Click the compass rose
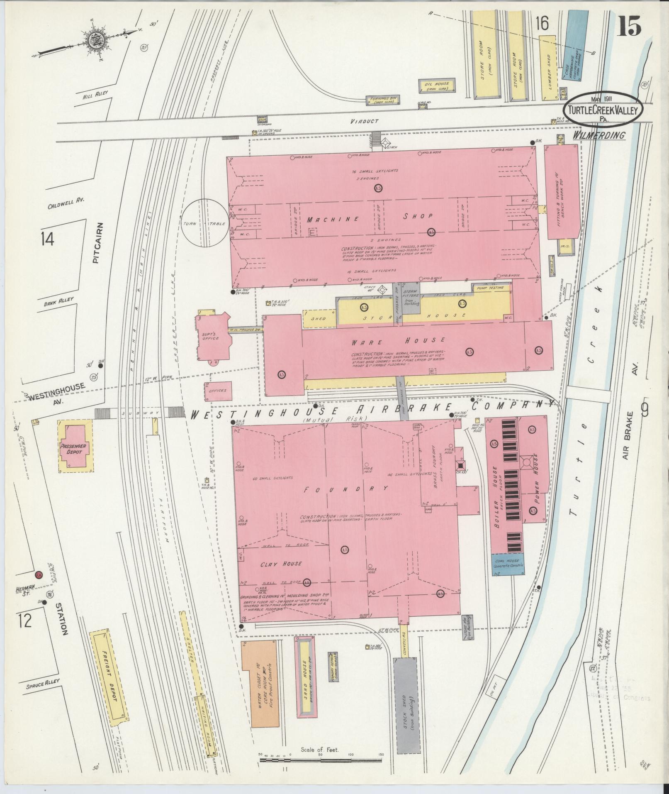coord(94,40)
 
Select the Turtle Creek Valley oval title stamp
coord(603,107)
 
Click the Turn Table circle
coord(204,223)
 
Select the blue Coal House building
coord(509,564)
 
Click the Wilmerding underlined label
coord(599,135)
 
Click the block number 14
coord(48,239)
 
